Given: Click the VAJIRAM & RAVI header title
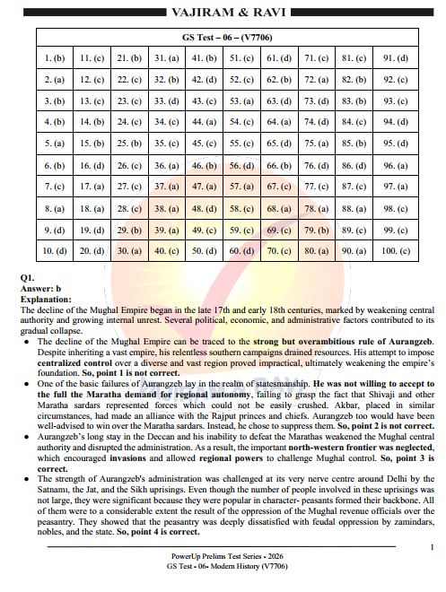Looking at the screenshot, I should click(223, 13).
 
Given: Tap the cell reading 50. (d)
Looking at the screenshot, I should click(204, 250).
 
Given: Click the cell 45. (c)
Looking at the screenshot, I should click(204, 143).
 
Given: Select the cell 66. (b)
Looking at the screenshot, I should click(278, 165).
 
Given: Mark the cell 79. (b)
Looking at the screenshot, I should click(316, 229).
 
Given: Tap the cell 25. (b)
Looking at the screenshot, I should click(129, 143).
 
